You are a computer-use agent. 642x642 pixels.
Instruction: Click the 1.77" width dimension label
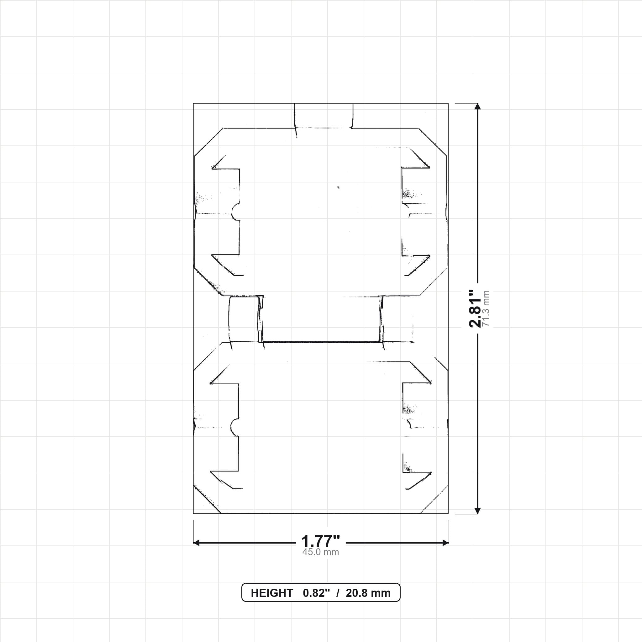pos(321,541)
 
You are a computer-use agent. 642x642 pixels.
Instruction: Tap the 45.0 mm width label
pos(321,552)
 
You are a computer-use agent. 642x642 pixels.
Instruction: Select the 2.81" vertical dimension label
pos(475,308)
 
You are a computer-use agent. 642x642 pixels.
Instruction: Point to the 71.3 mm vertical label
pos(486,308)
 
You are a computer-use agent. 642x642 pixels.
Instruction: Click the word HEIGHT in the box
pos(272,593)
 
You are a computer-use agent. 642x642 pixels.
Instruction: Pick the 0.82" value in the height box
pos(316,593)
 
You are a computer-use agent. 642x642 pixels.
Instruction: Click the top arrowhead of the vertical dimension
pos(477,106)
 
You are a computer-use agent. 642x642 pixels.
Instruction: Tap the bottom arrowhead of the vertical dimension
pos(477,511)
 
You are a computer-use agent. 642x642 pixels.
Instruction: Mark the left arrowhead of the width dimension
pos(196,543)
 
